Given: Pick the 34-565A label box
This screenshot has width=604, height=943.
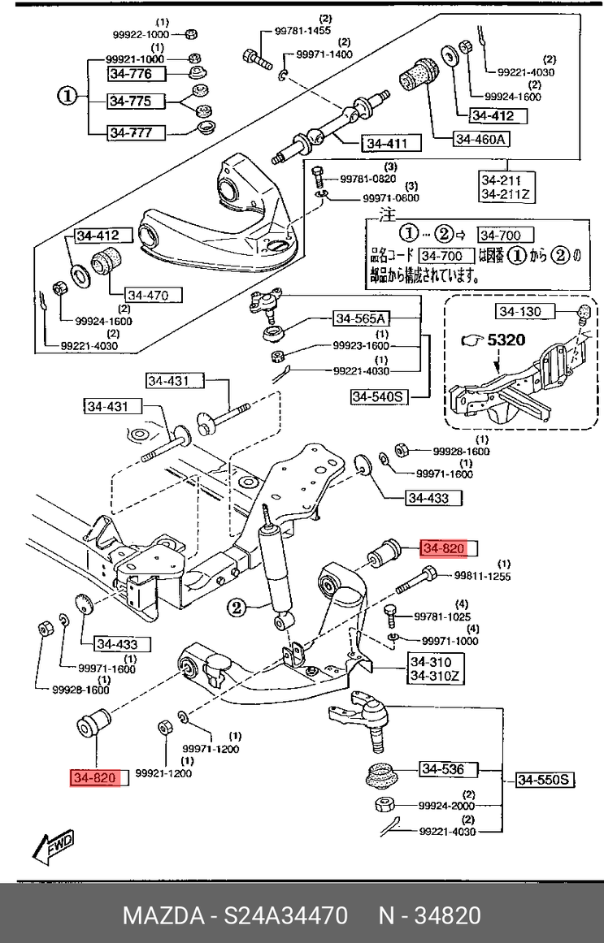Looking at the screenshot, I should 362,318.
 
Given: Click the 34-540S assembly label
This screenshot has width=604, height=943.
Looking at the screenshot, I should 378,396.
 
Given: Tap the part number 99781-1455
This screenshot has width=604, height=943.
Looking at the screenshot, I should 302,31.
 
